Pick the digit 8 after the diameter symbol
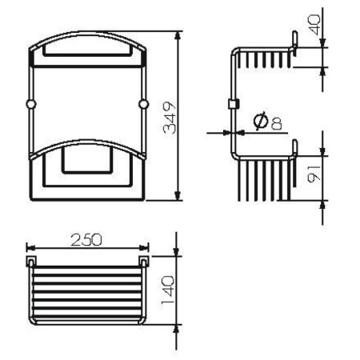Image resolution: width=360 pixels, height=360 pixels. pos(275,122)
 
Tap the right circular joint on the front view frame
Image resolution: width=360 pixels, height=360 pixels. pos(144,104)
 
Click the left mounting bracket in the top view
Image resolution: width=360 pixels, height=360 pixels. pos(31,262)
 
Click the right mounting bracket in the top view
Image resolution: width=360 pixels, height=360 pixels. pos(144,262)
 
